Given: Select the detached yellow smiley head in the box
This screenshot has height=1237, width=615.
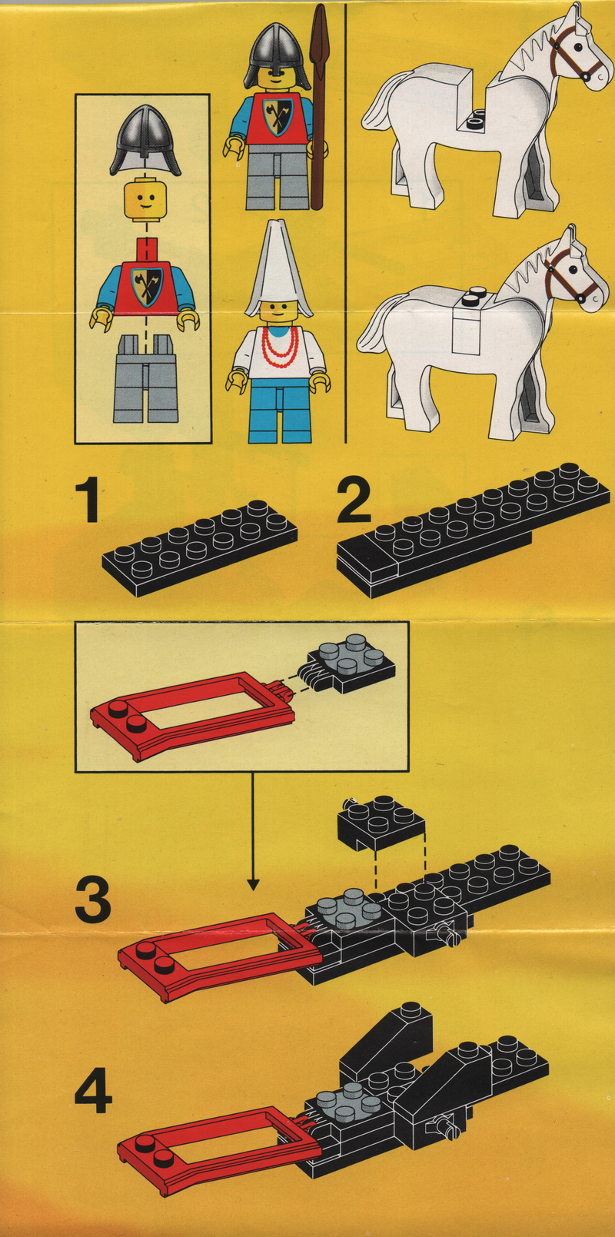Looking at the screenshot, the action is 146,199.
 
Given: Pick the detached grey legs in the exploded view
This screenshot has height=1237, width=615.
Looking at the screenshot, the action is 146,378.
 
